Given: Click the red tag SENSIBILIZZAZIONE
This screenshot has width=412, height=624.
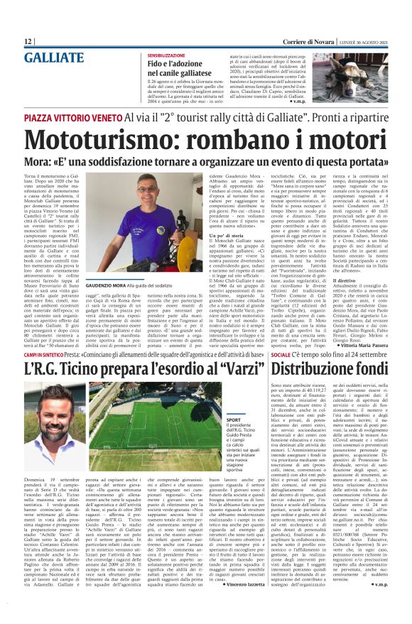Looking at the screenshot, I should [173, 55].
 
